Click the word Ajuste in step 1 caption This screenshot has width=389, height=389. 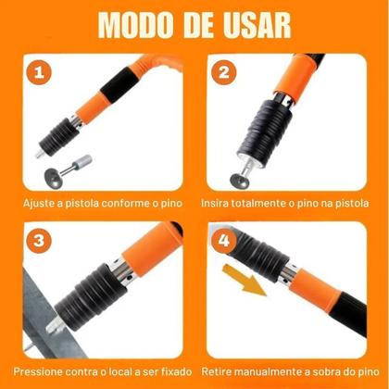click(44, 202)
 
